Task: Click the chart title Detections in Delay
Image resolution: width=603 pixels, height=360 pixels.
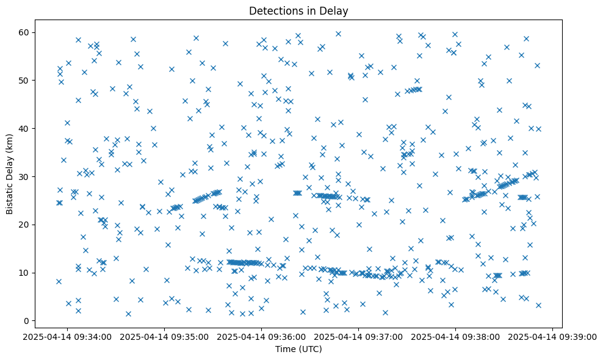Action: tap(298, 10)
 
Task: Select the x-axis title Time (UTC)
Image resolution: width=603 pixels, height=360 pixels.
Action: tap(298, 349)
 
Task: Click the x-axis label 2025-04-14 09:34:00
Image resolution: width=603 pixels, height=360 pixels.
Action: tap(67, 337)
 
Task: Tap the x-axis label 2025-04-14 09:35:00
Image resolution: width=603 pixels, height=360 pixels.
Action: tap(164, 337)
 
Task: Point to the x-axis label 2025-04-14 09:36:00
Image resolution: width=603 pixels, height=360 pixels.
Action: tap(262, 337)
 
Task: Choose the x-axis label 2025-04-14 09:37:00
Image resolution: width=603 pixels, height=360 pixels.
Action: tap(359, 337)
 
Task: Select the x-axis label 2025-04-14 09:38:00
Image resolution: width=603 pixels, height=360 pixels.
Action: tap(456, 337)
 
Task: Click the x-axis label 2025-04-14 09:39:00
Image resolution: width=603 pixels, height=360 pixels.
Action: tap(553, 337)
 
